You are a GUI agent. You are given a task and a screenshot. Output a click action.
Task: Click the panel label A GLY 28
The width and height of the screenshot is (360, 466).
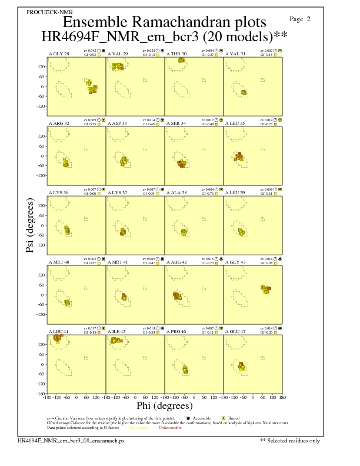point(59,54)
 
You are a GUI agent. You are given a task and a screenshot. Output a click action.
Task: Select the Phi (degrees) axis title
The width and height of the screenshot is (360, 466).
point(165,405)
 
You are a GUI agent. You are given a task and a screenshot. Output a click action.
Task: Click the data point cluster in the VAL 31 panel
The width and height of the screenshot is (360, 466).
point(244,92)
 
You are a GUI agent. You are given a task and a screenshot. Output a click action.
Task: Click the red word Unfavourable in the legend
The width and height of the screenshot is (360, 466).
point(171,428)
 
